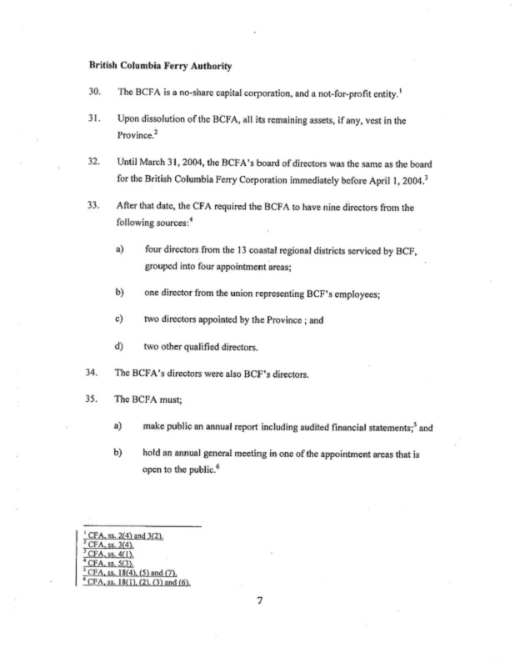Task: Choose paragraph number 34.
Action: pos(93,374)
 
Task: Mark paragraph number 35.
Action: pos(93,399)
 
